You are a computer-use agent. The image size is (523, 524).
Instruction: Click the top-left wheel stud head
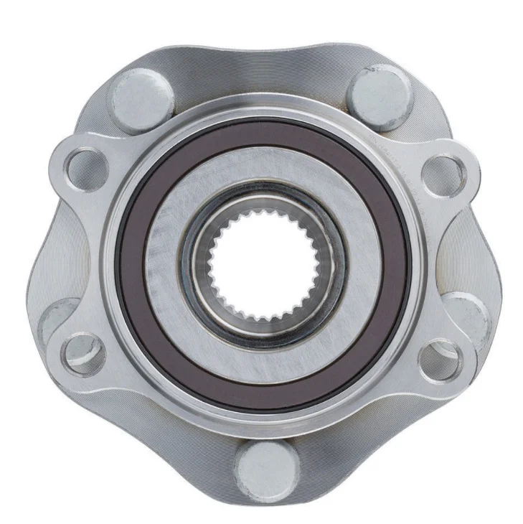click(141, 98)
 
